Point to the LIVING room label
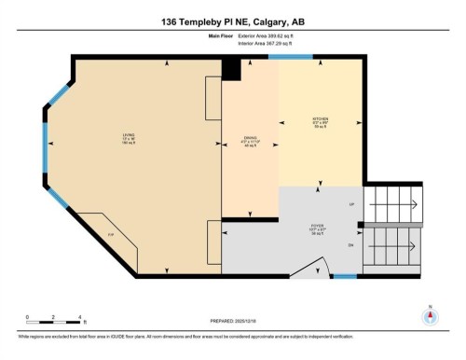pyautogui.click(x=128, y=135)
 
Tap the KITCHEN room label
pyautogui.click(x=320, y=119)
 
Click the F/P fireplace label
pyautogui.click(x=110, y=234)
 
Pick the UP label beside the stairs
pyautogui.click(x=351, y=203)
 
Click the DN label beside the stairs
pyautogui.click(x=351, y=246)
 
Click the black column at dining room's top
pyautogui.click(x=231, y=67)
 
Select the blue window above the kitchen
pyautogui.click(x=290, y=57)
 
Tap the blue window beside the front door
pyautogui.click(x=345, y=277)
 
